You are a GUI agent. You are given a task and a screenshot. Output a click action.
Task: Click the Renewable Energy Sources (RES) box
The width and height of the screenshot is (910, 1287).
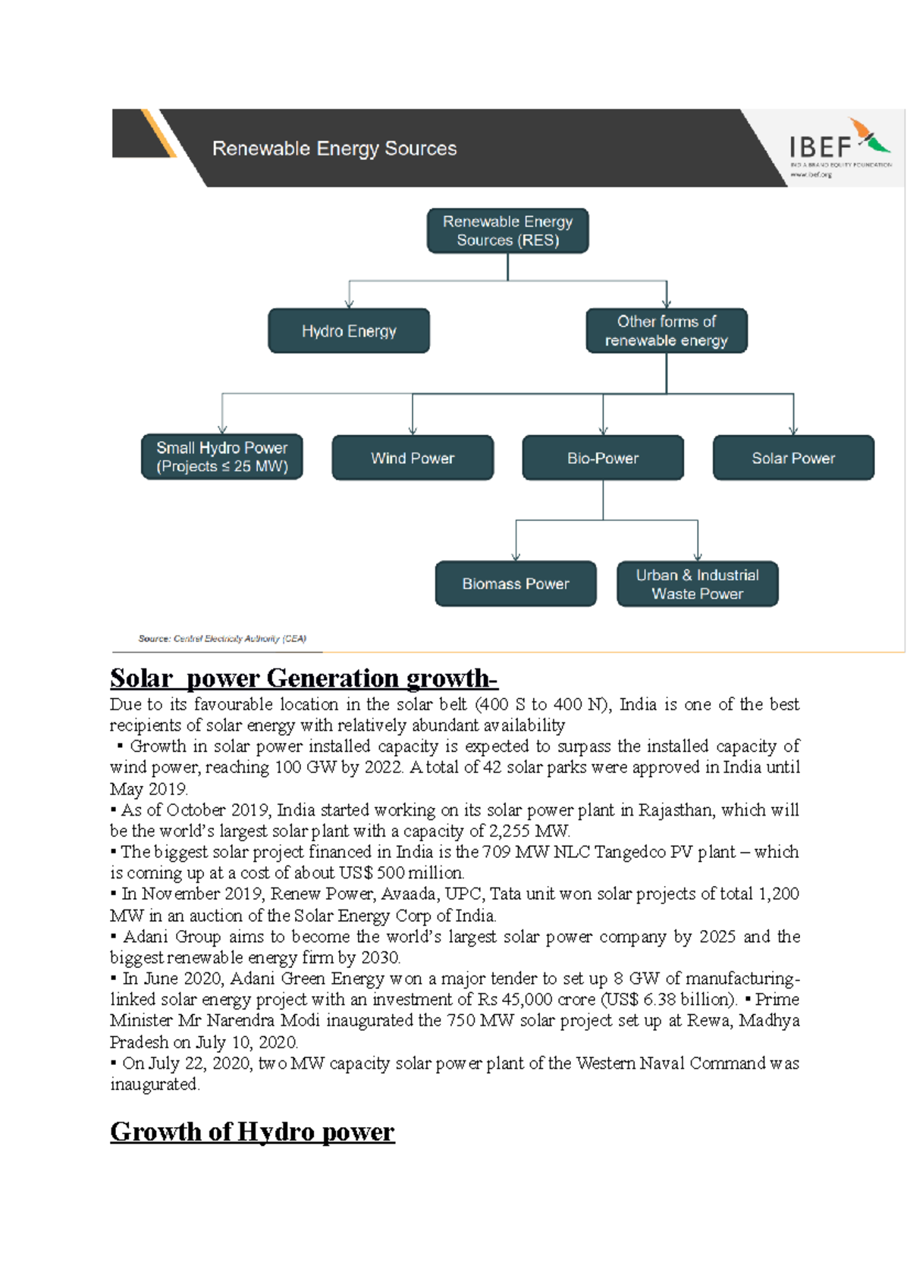[x=507, y=231]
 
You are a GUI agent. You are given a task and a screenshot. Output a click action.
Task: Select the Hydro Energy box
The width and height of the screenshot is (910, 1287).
[x=349, y=331]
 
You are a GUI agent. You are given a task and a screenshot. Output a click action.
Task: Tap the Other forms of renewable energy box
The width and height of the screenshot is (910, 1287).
[x=666, y=331]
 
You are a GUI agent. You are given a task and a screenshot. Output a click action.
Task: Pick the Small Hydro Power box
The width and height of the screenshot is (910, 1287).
[x=221, y=457]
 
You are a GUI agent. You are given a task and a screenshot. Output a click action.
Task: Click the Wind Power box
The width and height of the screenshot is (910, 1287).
[x=413, y=458]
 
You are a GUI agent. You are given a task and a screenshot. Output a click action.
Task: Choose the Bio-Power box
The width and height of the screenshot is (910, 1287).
[x=603, y=458]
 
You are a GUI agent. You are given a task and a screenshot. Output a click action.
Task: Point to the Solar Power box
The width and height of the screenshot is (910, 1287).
[x=793, y=458]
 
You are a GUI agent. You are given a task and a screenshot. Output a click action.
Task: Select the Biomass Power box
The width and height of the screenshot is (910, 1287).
[x=516, y=584]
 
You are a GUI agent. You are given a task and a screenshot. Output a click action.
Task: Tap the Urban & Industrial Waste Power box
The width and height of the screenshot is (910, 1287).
[x=697, y=584]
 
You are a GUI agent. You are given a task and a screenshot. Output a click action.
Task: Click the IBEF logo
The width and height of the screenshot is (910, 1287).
[x=839, y=147]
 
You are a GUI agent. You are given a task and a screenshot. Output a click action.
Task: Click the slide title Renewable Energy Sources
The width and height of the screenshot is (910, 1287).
[x=334, y=149]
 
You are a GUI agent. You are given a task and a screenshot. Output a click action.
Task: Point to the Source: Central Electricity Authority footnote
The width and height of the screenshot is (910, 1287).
[x=222, y=639]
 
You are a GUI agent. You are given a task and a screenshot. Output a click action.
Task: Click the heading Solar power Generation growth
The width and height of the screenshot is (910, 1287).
[x=303, y=678]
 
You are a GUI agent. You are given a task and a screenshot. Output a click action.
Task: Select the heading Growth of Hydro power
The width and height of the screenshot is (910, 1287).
[x=253, y=1132]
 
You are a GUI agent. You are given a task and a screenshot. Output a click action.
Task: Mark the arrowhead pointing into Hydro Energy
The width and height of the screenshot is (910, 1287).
[x=349, y=304]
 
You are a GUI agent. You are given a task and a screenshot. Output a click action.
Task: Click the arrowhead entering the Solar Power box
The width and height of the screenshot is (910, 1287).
[x=793, y=431]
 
